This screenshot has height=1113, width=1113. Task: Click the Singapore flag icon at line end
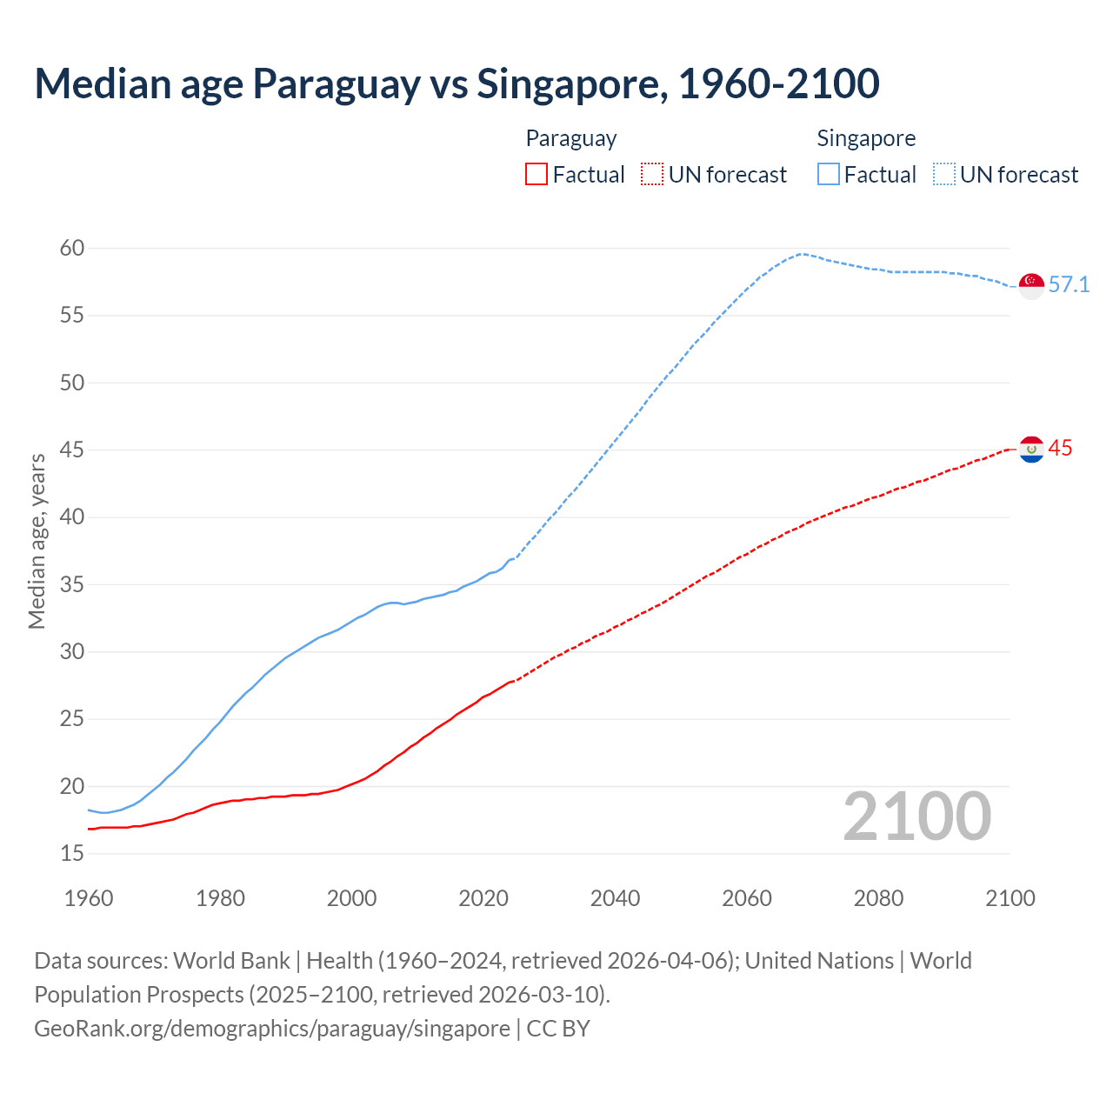tap(1031, 286)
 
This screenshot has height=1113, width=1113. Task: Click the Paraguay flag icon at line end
tap(1031, 450)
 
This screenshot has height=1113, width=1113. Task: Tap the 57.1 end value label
tap(1069, 285)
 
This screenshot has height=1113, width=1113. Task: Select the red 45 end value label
tap(1060, 449)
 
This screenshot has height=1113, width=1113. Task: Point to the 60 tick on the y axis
tap(72, 249)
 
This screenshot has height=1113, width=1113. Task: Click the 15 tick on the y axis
tap(72, 854)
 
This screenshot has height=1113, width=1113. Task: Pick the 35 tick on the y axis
tap(72, 584)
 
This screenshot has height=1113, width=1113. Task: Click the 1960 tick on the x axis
tap(89, 898)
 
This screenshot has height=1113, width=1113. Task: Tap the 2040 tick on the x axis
tap(615, 898)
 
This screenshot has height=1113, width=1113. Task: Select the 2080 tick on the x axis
tap(878, 898)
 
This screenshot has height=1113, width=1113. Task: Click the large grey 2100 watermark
tap(916, 816)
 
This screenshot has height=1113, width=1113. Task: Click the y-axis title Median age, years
tap(37, 541)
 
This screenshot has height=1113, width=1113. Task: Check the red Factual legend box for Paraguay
tap(537, 175)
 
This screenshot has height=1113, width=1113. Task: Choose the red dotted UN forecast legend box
tap(652, 175)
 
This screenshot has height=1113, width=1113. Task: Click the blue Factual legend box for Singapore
tap(829, 175)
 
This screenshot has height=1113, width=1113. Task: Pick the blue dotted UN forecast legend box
tap(943, 175)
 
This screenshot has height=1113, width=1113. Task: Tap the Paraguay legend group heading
tap(571, 138)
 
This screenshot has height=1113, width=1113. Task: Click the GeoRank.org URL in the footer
tap(272, 1029)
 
